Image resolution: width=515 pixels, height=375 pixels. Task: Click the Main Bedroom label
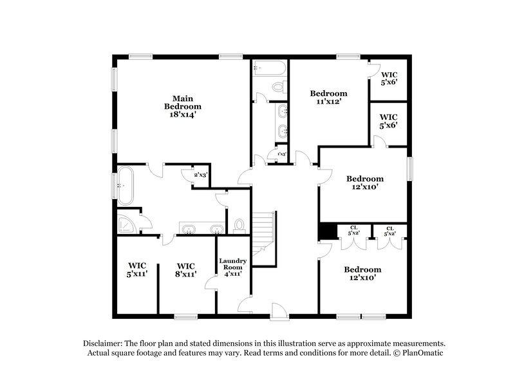(x=182, y=102)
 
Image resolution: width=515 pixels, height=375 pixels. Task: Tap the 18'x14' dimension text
(x=182, y=115)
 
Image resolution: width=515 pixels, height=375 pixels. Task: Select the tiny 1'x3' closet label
(x=281, y=155)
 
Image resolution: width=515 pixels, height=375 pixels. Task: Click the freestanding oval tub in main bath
(x=125, y=186)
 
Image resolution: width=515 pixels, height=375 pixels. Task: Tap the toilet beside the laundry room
(x=239, y=225)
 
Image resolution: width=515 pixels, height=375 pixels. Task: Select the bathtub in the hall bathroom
(x=269, y=68)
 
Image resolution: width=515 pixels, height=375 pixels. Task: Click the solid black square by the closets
(x=328, y=231)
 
